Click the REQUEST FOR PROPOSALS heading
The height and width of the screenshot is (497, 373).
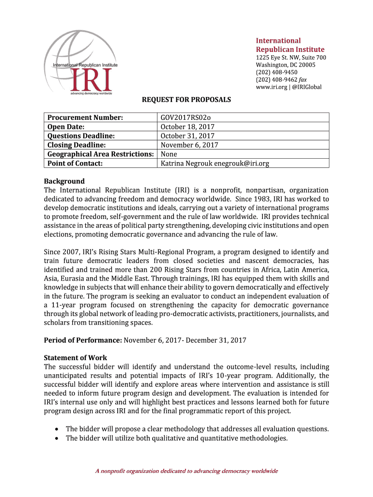(186, 100)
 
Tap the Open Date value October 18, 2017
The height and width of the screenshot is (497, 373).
(187, 127)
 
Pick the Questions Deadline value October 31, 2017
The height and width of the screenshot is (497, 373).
(187, 136)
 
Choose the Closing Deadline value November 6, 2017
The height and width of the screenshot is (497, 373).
(189, 145)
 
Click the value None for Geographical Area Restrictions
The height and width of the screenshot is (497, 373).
(169, 154)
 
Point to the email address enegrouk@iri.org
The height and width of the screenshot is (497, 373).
(242, 164)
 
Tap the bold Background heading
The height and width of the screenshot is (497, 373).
(64, 181)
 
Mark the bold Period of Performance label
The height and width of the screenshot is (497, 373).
(83, 340)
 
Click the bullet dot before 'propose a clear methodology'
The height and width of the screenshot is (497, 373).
(57, 429)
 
